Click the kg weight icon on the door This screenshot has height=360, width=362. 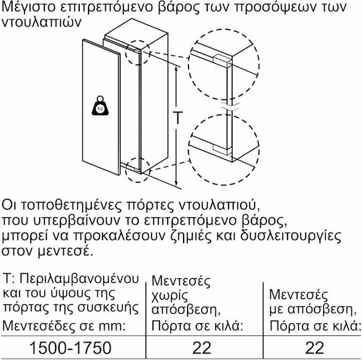(x=100, y=106)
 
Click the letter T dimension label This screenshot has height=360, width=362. (x=177, y=118)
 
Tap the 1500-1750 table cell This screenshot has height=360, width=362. (x=70, y=348)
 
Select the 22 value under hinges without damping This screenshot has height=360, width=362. (x=202, y=348)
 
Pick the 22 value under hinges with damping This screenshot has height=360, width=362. (x=314, y=348)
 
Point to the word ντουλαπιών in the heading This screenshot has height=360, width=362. (x=42, y=22)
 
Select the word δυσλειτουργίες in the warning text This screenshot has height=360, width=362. (x=290, y=236)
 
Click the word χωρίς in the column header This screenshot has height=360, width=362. (x=170, y=296)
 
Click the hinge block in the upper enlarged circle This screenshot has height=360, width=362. (x=222, y=61)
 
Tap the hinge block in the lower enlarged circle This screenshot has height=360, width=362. (x=222, y=149)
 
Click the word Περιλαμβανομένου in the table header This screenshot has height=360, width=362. (x=79, y=280)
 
